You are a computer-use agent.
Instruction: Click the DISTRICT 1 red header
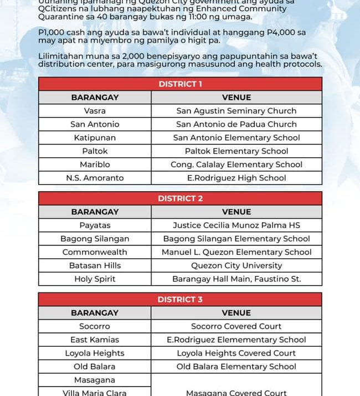point(180,84)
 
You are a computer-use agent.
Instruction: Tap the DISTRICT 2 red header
point(180,198)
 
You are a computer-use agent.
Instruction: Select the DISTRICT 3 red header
point(180,300)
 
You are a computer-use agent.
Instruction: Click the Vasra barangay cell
point(95,111)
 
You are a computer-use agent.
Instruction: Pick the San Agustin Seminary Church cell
point(236,111)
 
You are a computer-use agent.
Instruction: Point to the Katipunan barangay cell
point(95,138)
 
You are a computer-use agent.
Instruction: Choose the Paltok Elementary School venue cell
point(236,151)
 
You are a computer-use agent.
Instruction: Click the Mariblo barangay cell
point(95,164)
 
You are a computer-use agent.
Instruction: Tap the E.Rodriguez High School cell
point(236,178)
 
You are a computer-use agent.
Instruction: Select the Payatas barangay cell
point(95,225)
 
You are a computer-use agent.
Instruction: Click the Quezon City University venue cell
point(236,265)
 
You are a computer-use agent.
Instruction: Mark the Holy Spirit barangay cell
point(95,279)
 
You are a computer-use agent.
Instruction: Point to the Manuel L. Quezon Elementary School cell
point(236,252)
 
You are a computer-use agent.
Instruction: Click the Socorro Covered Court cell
point(236,326)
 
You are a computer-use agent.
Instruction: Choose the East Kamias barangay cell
point(95,340)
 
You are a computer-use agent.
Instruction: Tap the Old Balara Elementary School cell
point(236,367)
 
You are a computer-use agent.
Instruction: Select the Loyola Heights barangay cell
point(95,353)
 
